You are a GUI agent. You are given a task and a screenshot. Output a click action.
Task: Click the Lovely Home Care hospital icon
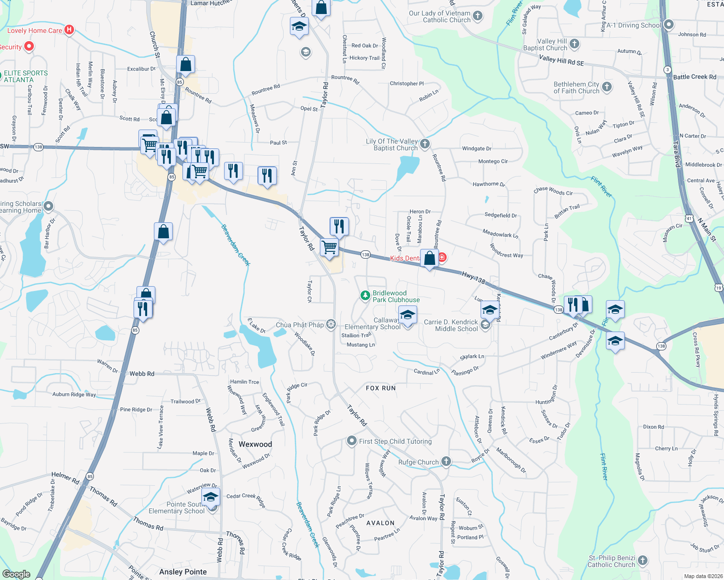69,30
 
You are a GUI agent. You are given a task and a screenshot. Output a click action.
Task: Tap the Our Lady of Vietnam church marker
478,16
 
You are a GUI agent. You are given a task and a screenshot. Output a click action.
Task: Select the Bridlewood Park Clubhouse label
396,296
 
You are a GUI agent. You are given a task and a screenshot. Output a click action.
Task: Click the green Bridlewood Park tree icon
365,295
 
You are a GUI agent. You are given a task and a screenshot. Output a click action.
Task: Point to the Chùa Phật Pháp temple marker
331,324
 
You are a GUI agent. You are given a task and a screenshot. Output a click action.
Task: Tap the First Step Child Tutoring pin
352,441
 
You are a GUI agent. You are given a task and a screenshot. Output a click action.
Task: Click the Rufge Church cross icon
446,462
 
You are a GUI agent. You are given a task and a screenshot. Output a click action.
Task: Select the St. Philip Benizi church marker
643,561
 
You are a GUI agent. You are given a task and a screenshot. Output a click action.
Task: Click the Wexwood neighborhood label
255,444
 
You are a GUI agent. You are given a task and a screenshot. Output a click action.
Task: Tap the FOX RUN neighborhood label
381,388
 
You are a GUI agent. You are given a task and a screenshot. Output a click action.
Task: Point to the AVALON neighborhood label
380,523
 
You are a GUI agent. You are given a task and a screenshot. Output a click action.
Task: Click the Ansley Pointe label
183,572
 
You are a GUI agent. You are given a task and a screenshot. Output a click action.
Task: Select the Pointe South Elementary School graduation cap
211,497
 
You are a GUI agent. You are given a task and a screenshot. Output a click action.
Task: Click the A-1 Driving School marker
669,25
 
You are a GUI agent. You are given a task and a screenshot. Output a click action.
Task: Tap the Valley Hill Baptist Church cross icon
574,44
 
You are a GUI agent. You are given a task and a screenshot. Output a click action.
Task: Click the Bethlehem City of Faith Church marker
607,87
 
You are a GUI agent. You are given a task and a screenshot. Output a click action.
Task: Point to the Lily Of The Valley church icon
424,144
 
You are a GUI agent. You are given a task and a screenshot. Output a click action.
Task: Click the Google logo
16,574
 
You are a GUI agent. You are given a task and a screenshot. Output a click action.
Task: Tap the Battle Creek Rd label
694,77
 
